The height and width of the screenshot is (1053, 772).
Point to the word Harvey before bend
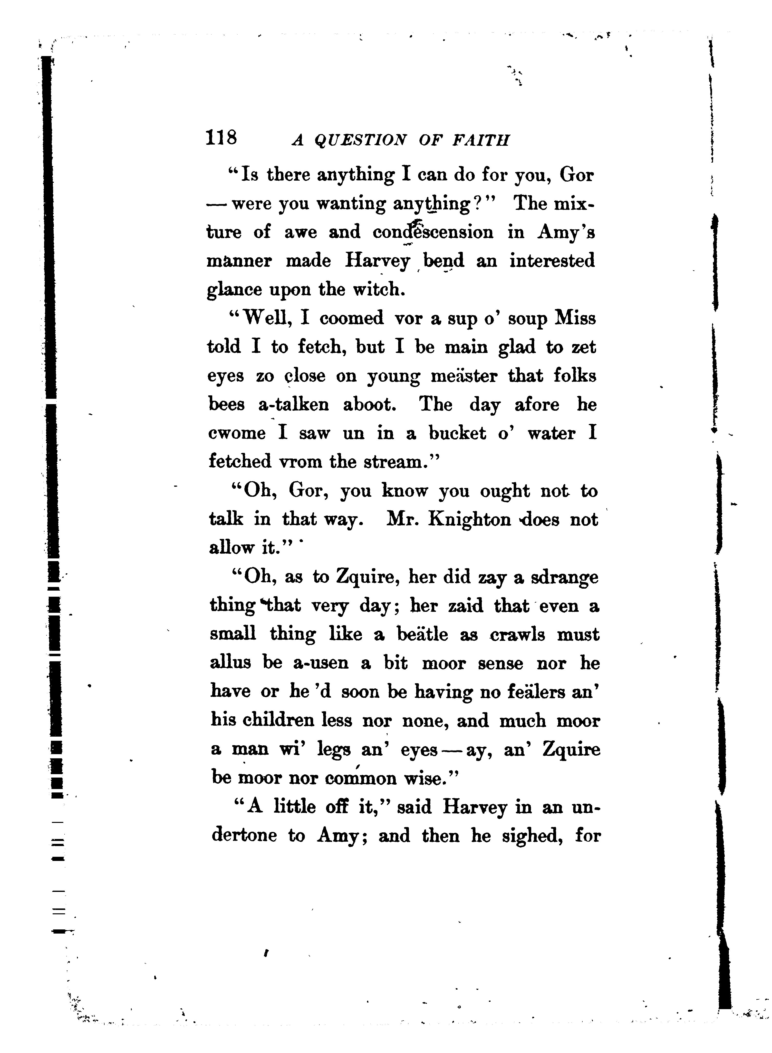(377, 261)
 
